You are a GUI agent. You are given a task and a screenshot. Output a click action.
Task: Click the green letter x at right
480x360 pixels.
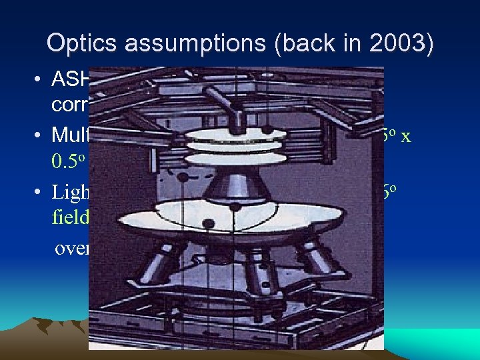pyautogui.click(x=405, y=136)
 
